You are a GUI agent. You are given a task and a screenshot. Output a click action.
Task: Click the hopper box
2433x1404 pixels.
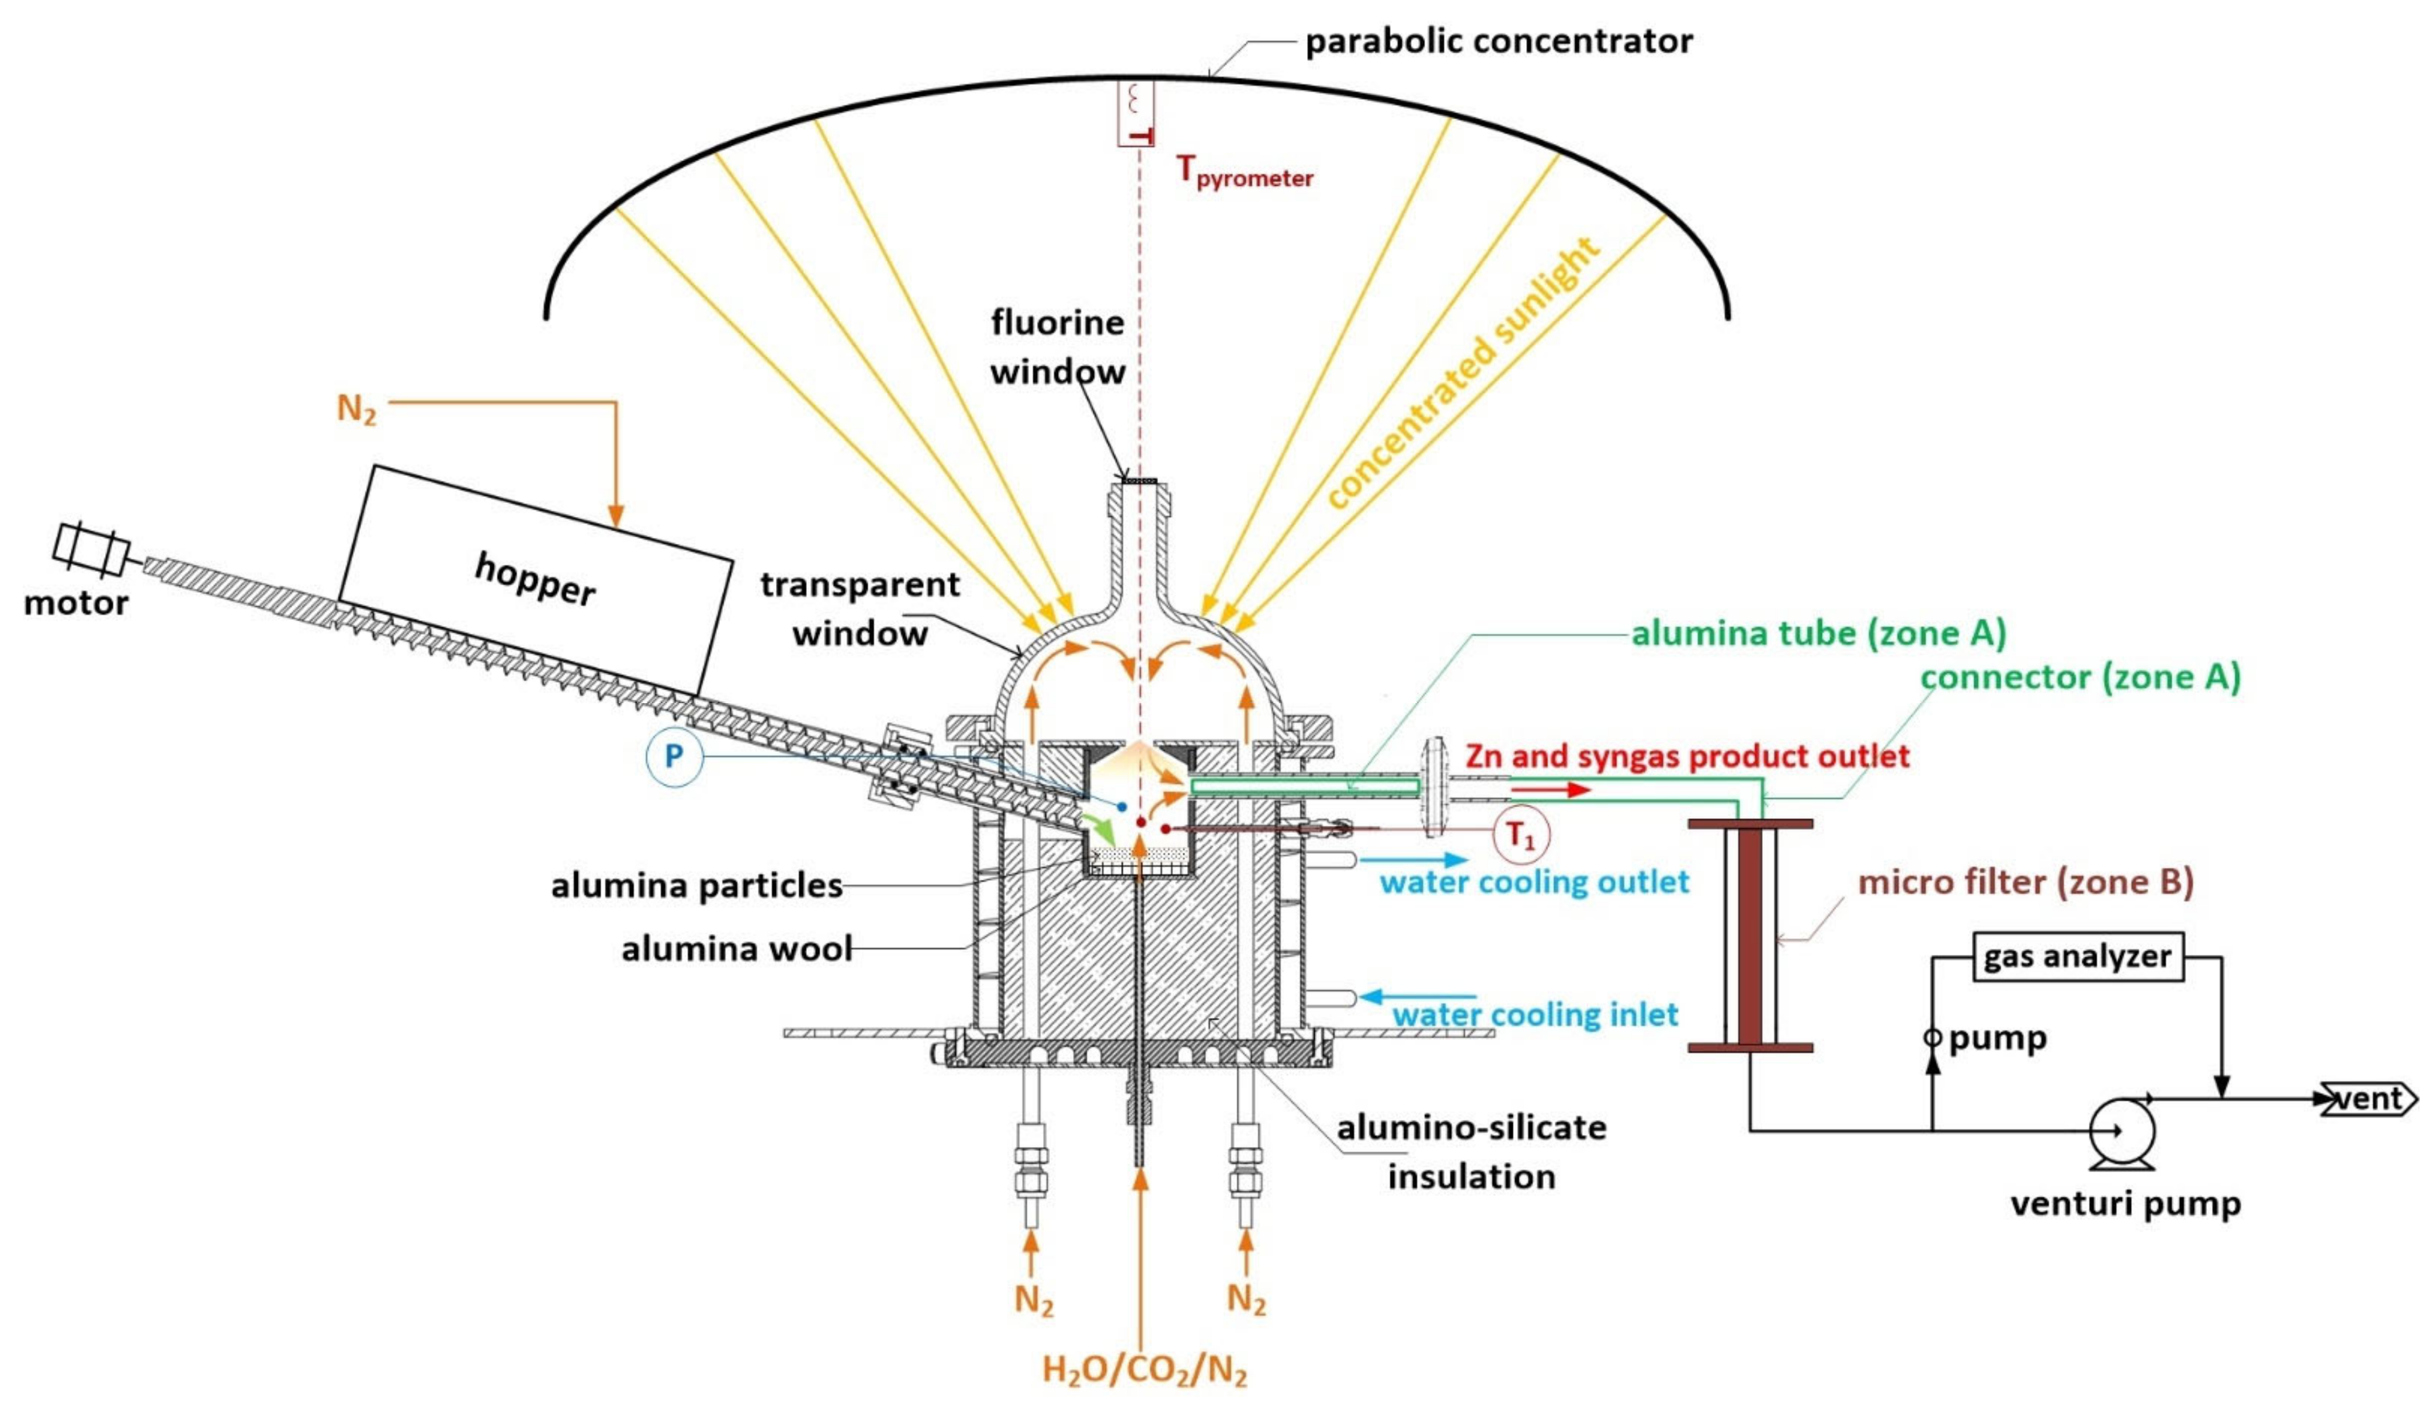pyautogui.click(x=535, y=579)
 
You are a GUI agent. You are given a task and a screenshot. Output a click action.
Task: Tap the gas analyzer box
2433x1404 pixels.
pyautogui.click(x=2077, y=957)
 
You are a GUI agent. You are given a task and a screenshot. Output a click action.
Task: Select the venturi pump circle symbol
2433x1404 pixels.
pyautogui.click(x=2122, y=1130)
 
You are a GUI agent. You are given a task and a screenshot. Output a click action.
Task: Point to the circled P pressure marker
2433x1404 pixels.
pyautogui.click(x=673, y=755)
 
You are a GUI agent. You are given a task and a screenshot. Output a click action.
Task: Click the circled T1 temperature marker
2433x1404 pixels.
pyautogui.click(x=1520, y=835)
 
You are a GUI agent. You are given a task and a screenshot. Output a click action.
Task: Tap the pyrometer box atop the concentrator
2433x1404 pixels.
pyautogui.click(x=1135, y=114)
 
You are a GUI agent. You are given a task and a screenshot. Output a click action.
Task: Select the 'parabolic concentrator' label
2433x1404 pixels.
pyautogui.click(x=1498, y=41)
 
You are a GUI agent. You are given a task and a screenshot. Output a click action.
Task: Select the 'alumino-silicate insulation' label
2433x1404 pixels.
pyautogui.click(x=1471, y=1151)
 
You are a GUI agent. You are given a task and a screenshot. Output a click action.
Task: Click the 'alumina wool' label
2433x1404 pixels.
pyautogui.click(x=736, y=949)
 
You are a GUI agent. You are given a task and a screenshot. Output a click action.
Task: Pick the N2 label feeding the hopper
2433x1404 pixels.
pyautogui.click(x=356, y=409)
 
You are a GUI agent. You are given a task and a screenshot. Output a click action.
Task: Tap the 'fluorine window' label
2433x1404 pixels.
pyautogui.click(x=1058, y=347)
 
